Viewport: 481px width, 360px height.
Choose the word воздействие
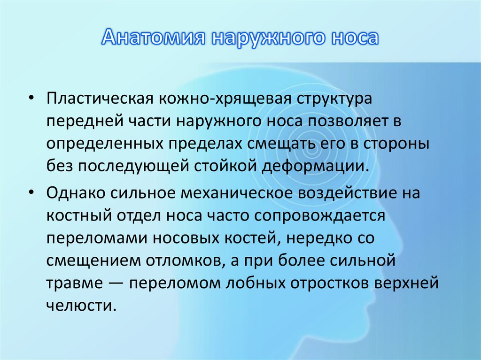click(x=355, y=193)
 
